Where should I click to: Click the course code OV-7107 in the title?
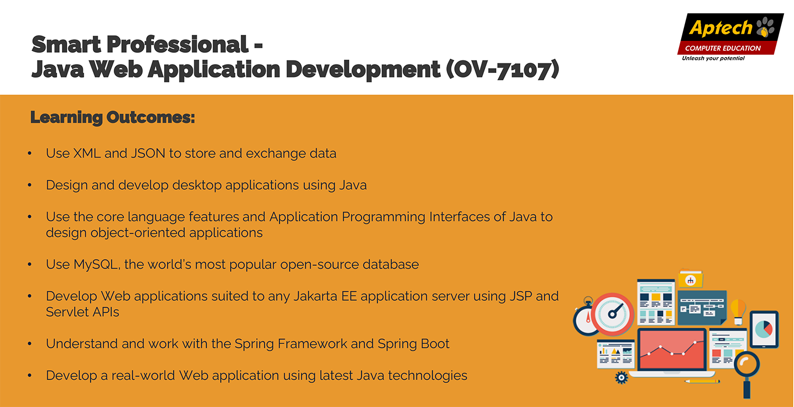click(x=502, y=69)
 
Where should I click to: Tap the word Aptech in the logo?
click(x=720, y=28)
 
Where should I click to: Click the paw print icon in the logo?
click(x=765, y=27)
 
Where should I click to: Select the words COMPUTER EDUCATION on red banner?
click(x=723, y=48)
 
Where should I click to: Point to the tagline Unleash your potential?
click(x=713, y=58)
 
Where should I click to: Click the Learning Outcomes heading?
click(x=113, y=117)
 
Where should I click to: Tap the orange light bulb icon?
click(x=738, y=311)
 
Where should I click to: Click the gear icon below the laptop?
click(x=621, y=377)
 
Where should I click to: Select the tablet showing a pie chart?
click(x=764, y=329)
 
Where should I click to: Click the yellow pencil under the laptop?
click(x=702, y=382)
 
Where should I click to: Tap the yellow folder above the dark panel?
click(x=690, y=280)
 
